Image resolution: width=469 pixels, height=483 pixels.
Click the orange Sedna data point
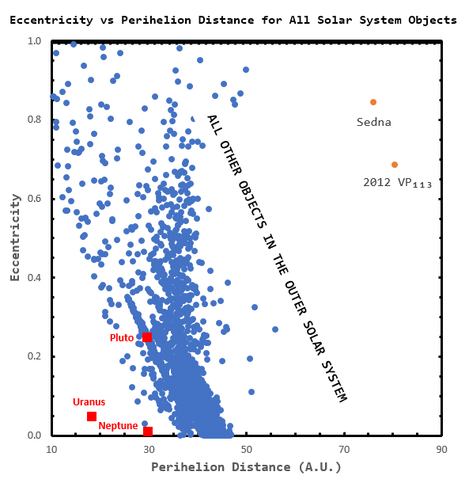[x=373, y=102]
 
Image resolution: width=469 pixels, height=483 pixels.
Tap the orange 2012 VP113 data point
[x=395, y=165]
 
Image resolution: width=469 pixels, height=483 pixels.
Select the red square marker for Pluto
[x=147, y=337]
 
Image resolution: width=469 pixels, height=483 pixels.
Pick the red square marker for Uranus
[x=92, y=416]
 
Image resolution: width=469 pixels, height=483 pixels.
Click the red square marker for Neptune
[x=148, y=432]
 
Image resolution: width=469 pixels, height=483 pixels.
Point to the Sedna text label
[x=374, y=122]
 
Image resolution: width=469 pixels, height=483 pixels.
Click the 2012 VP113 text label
[x=397, y=183]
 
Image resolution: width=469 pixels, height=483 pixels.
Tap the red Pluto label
[x=122, y=338]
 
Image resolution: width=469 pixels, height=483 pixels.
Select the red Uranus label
[x=89, y=402]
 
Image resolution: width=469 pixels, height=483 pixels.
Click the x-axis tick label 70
[x=344, y=450]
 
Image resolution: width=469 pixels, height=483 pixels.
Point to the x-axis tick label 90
[x=441, y=450]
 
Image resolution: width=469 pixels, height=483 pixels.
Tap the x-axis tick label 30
[x=149, y=450]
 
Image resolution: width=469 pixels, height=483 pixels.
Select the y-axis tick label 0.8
[x=34, y=120]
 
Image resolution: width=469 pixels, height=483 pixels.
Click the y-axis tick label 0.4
[x=34, y=277]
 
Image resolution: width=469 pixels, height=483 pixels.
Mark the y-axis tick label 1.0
[x=34, y=40]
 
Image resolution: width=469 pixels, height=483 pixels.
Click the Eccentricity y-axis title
[x=14, y=238]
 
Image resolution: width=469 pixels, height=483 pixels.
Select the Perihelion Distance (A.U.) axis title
[x=247, y=468]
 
